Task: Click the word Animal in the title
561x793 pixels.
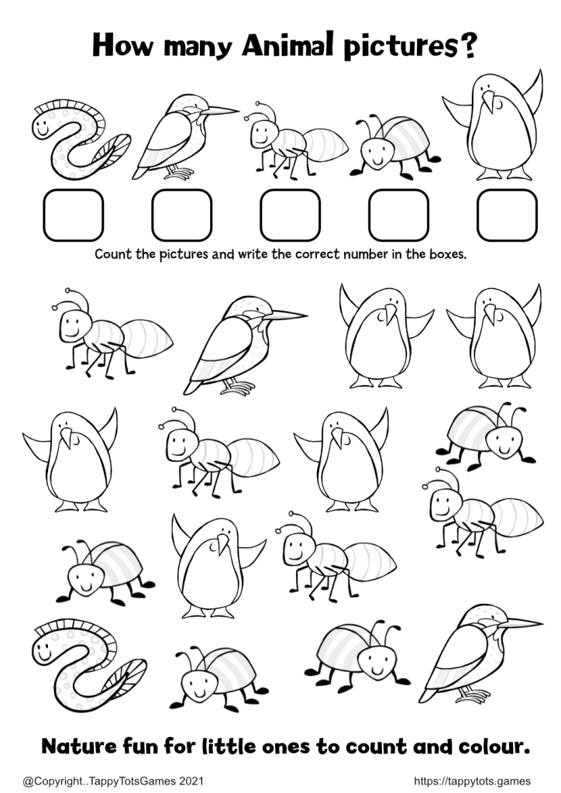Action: point(288,45)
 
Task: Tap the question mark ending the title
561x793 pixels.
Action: point(466,47)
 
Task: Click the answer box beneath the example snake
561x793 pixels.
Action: point(74,215)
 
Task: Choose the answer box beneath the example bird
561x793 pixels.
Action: point(181,215)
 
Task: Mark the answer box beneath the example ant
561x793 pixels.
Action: point(290,215)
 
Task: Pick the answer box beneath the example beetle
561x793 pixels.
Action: point(399,215)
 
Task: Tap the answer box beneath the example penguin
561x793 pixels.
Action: point(507,215)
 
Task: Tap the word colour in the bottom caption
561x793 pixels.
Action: point(494,747)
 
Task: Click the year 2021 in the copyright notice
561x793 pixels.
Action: point(191,781)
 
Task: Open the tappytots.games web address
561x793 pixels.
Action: point(473,781)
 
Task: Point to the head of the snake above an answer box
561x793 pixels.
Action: point(43,126)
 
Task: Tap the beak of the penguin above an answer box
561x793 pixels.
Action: point(488,101)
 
